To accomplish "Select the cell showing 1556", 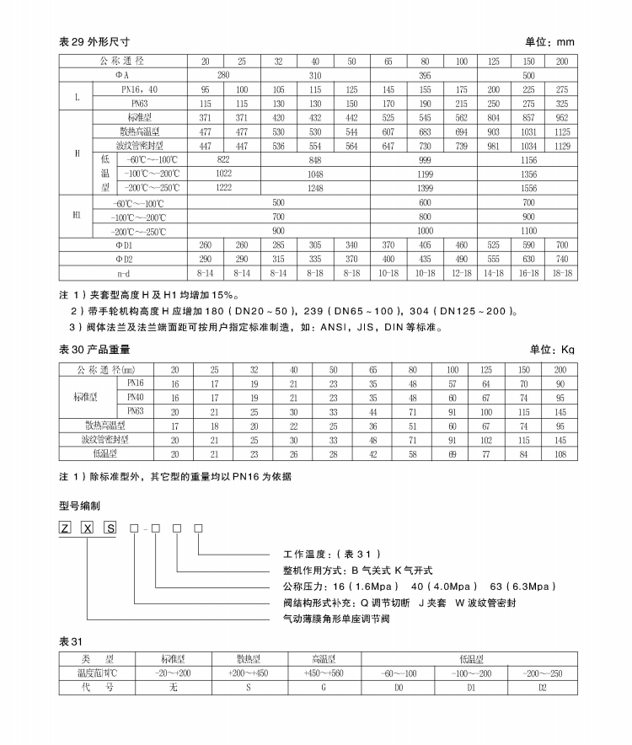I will coord(528,187).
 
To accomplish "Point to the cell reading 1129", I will coord(562,145).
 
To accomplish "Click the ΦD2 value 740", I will coord(562,259).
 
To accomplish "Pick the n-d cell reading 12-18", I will coord(461,273).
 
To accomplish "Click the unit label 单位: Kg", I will coord(552,349).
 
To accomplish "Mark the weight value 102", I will coord(486,439).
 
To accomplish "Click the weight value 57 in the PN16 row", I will coord(453,383).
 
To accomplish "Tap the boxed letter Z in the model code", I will coord(64,528).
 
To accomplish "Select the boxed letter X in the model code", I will coord(86,528).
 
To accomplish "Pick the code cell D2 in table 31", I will coord(542,688).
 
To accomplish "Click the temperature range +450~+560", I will coord(324,674).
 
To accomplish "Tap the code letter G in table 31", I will coord(324,688).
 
